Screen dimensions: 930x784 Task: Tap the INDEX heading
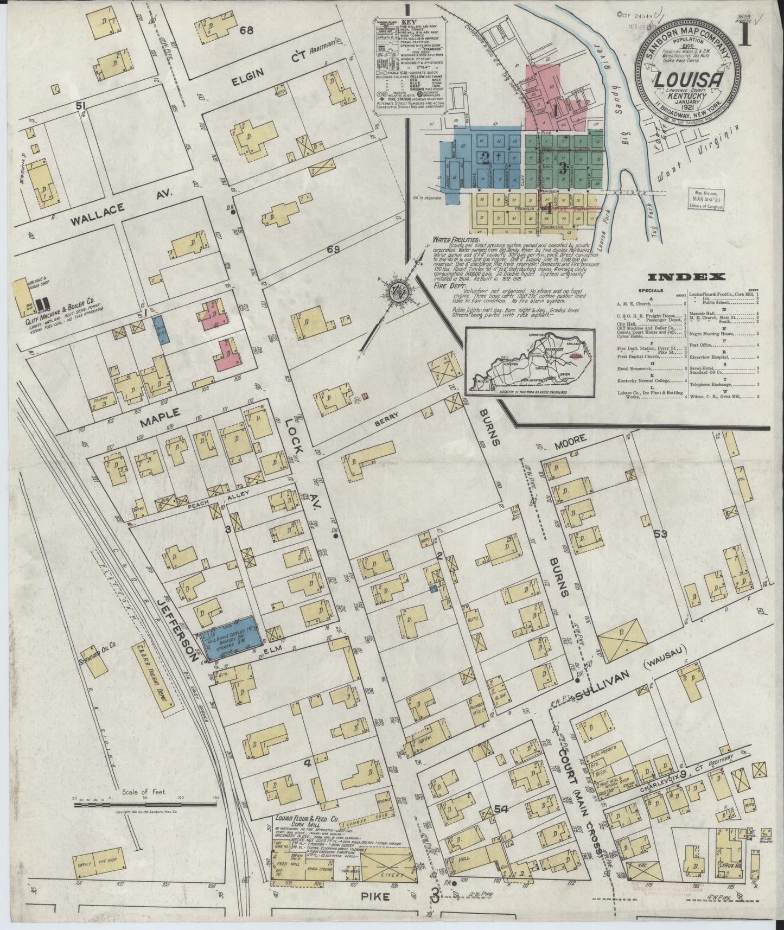[691, 277]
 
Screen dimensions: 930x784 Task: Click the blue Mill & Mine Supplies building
[233, 639]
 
